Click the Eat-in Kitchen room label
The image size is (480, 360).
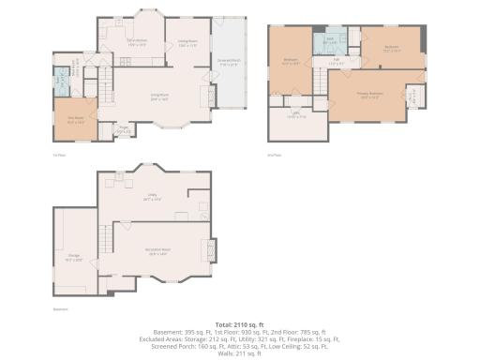137,41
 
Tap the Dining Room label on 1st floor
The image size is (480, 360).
187,42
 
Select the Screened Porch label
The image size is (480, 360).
228,64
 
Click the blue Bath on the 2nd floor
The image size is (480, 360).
330,42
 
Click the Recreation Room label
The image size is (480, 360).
157,249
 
